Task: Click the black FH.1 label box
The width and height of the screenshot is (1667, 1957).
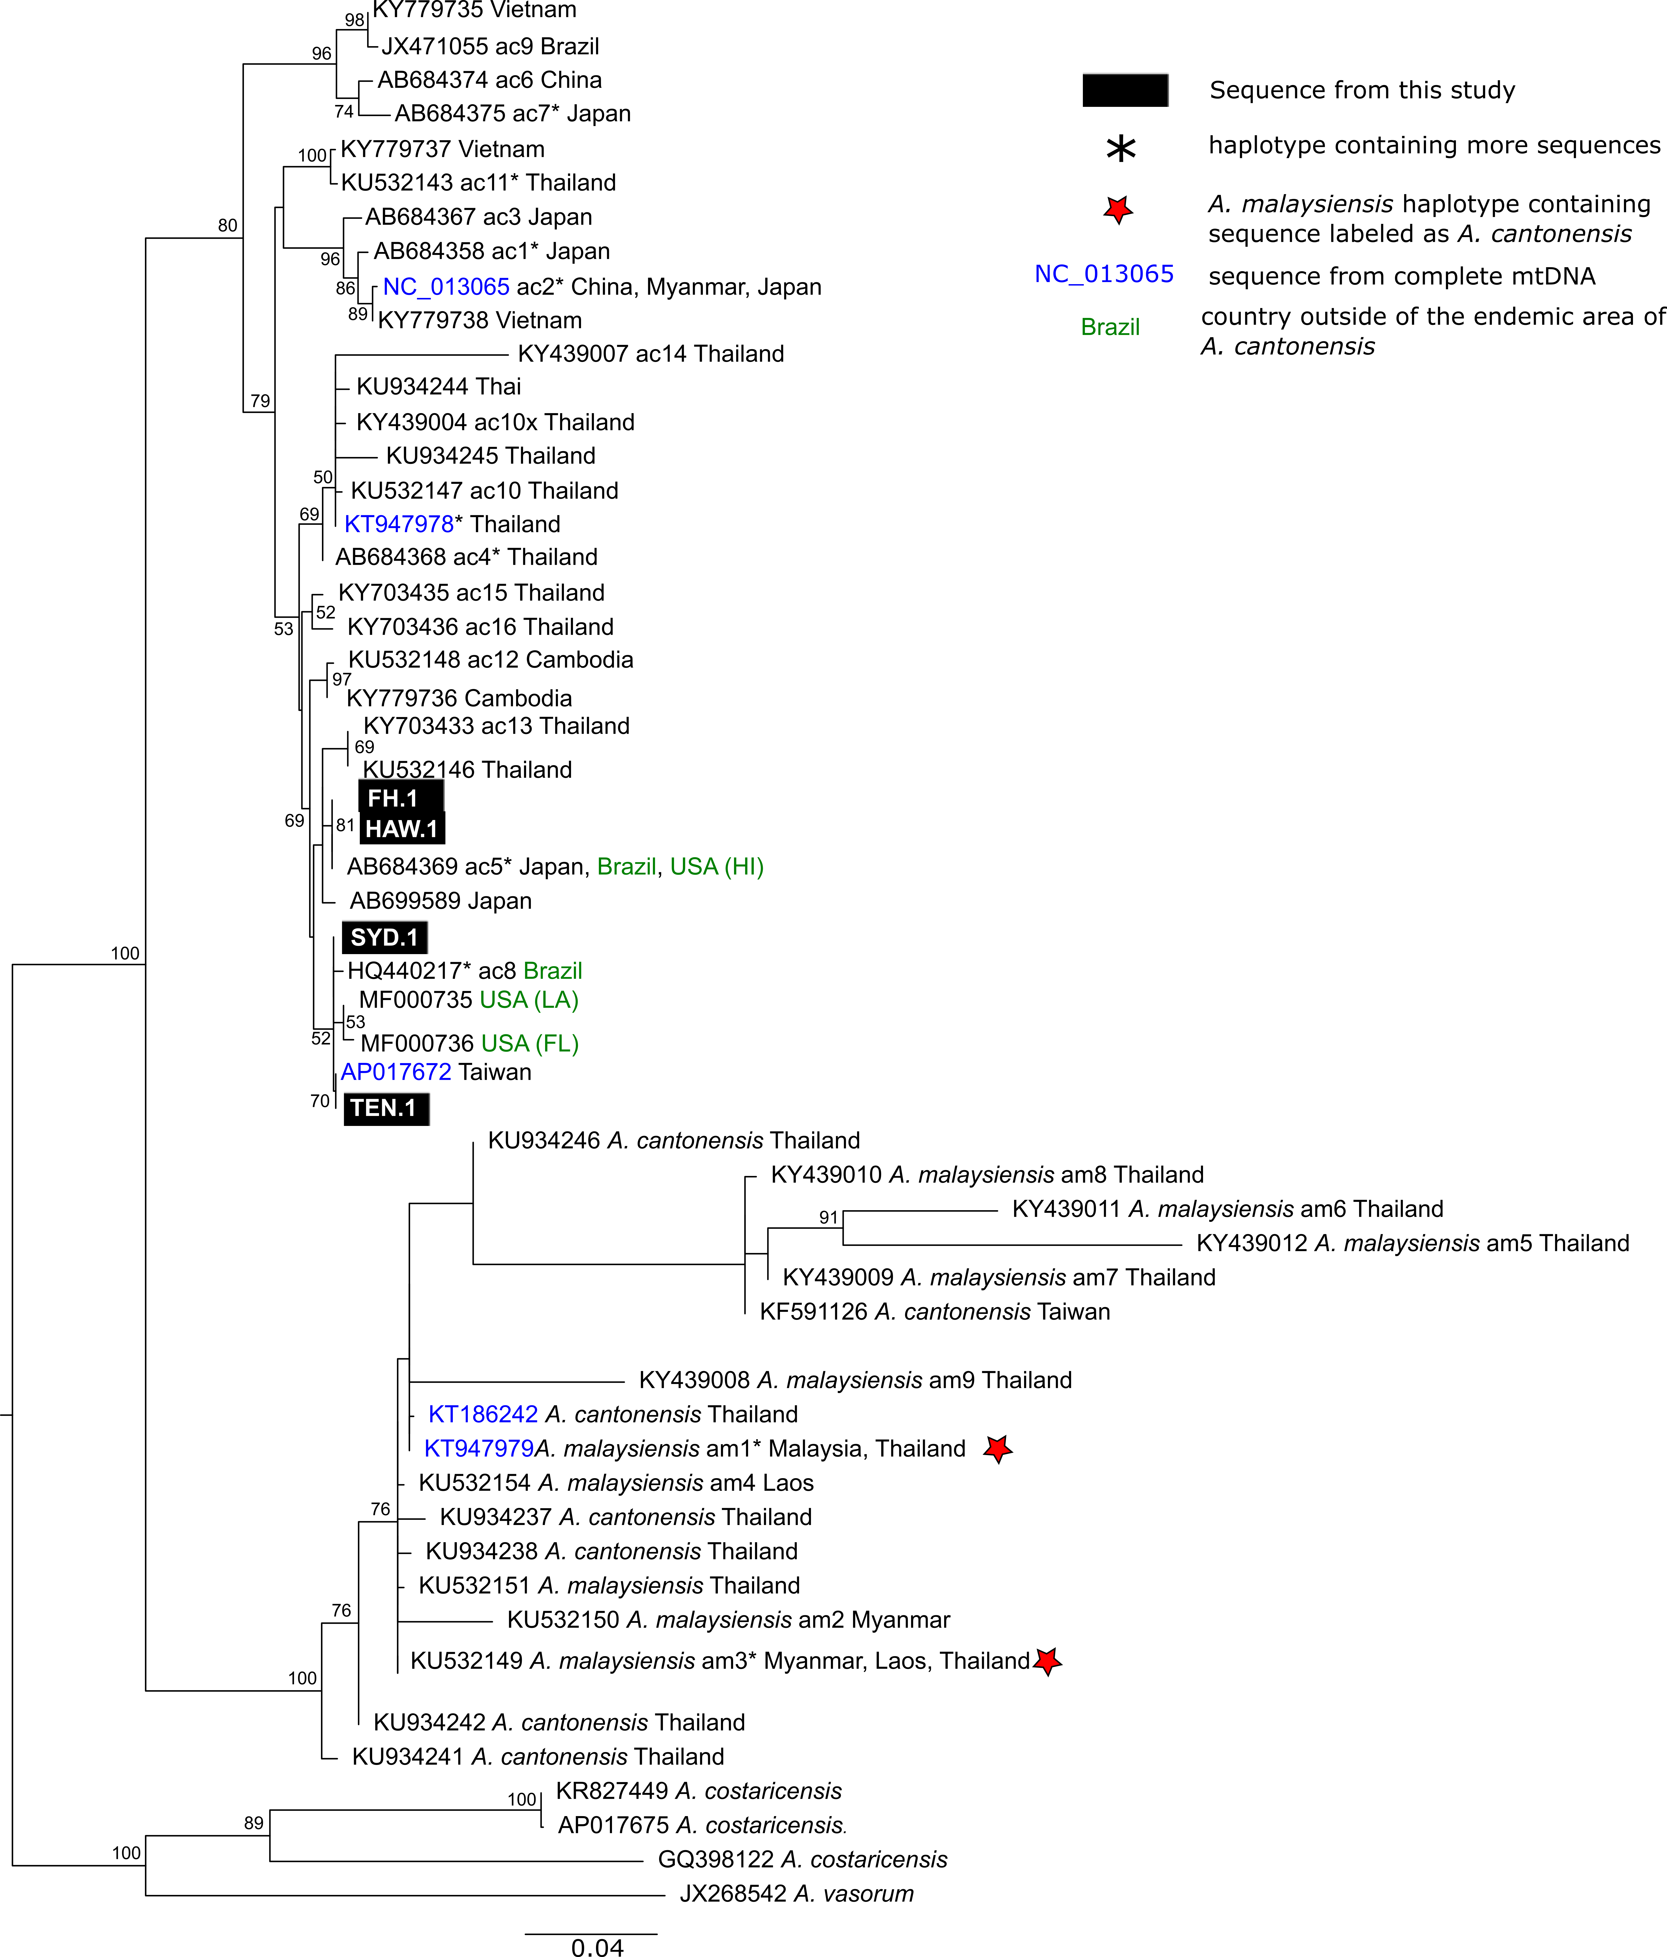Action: point(400,797)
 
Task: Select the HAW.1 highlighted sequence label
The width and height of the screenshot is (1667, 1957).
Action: point(401,828)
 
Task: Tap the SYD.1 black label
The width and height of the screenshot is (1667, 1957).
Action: point(385,937)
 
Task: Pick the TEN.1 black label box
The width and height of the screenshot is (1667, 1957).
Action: point(386,1108)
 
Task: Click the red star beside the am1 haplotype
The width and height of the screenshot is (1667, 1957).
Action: point(997,1448)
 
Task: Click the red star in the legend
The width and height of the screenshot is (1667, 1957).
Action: point(1118,209)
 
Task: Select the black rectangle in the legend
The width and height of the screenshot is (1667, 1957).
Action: point(1125,90)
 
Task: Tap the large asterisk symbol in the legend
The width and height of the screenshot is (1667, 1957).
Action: point(1121,148)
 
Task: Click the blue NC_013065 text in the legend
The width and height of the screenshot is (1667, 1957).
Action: point(1104,274)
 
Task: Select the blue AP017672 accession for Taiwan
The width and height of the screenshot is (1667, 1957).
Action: point(396,1072)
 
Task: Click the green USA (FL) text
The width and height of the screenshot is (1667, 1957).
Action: point(530,1043)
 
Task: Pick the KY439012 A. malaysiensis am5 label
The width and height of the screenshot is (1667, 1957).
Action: point(1413,1243)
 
